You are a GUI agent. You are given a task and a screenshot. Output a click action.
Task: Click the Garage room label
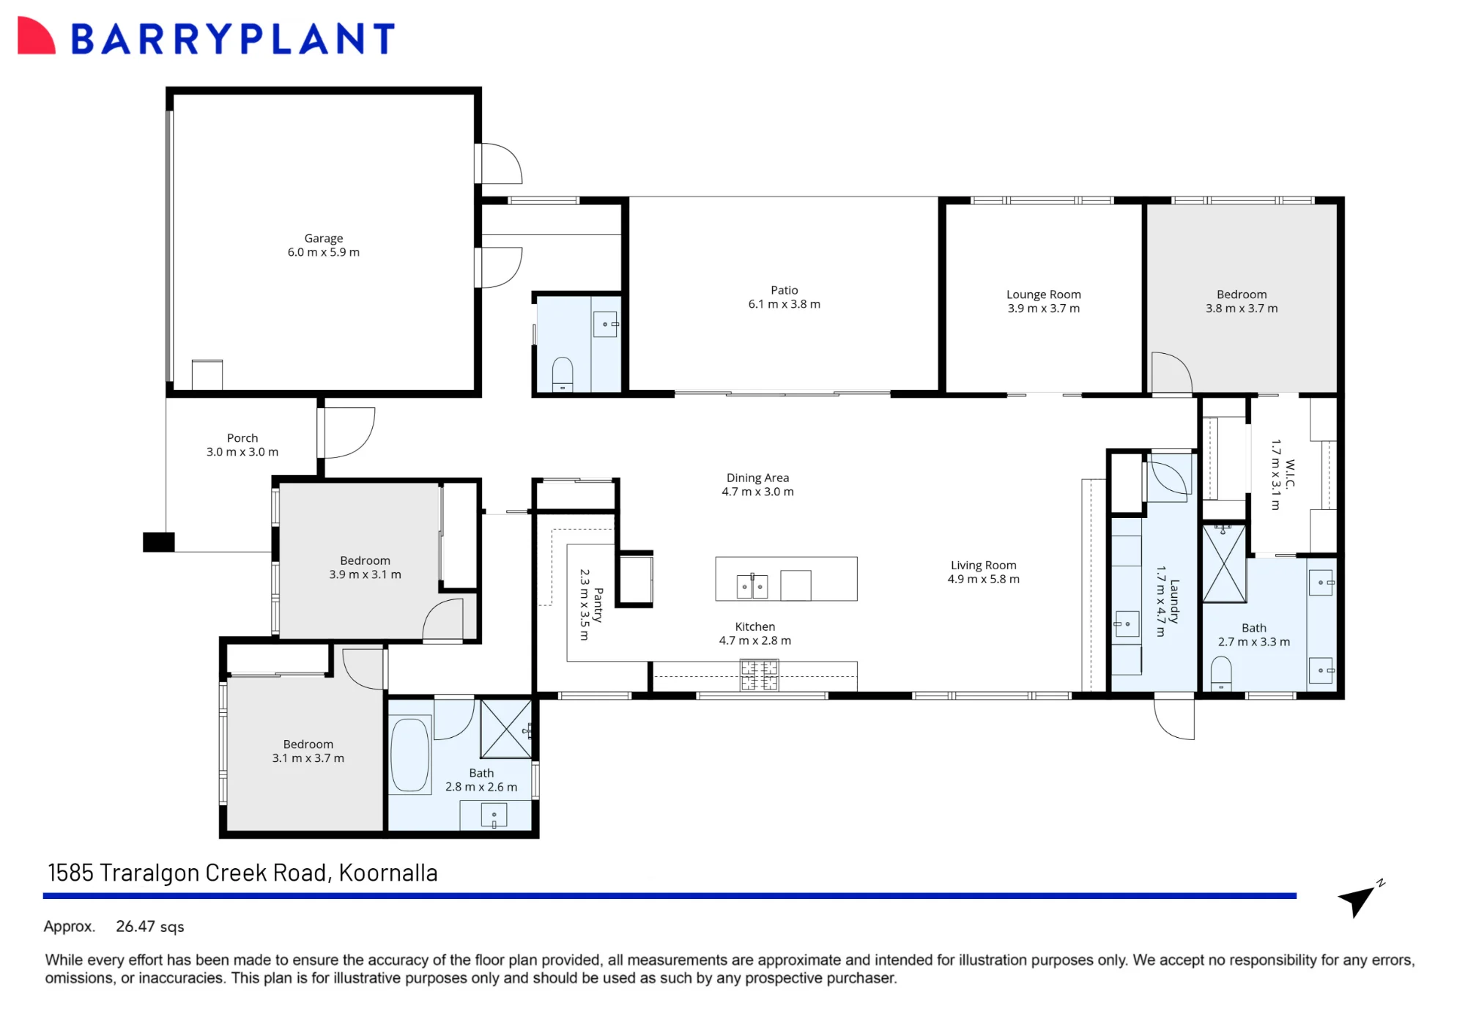(324, 238)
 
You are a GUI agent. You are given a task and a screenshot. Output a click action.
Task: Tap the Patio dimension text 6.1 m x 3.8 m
(784, 304)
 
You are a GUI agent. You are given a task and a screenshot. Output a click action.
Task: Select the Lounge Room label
(1043, 295)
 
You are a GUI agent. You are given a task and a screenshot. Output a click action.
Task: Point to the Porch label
(242, 438)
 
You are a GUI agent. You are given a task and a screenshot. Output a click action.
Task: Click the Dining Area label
(757, 478)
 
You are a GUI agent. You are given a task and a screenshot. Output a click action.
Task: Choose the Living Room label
(983, 565)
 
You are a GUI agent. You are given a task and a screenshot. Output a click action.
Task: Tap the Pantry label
(598, 605)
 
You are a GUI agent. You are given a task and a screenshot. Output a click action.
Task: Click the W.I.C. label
(1290, 473)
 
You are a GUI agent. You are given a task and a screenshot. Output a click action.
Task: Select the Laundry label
(1174, 602)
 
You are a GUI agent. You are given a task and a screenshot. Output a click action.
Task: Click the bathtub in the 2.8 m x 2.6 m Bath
(409, 755)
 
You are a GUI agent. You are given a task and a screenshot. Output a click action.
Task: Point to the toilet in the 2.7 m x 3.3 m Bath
(1221, 673)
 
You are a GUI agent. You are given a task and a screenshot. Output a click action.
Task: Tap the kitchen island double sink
(752, 586)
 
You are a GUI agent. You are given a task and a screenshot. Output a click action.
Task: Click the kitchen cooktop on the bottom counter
(759, 676)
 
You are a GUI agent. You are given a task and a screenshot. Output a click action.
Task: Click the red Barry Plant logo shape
(36, 35)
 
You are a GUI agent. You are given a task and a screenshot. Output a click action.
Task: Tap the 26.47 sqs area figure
(150, 927)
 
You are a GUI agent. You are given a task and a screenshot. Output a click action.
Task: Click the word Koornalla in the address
(388, 873)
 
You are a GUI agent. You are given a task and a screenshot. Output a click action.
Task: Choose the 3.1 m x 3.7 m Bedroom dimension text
(308, 758)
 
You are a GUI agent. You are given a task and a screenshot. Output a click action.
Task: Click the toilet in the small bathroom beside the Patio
(563, 374)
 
